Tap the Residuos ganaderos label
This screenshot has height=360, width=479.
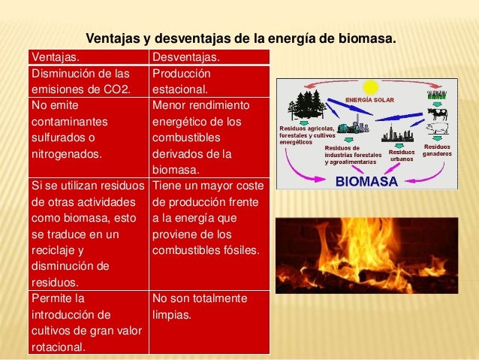pyautogui.click(x=437, y=150)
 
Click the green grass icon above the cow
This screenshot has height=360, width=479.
pyautogui.click(x=437, y=95)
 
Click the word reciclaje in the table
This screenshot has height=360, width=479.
pyautogui.click(x=56, y=250)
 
